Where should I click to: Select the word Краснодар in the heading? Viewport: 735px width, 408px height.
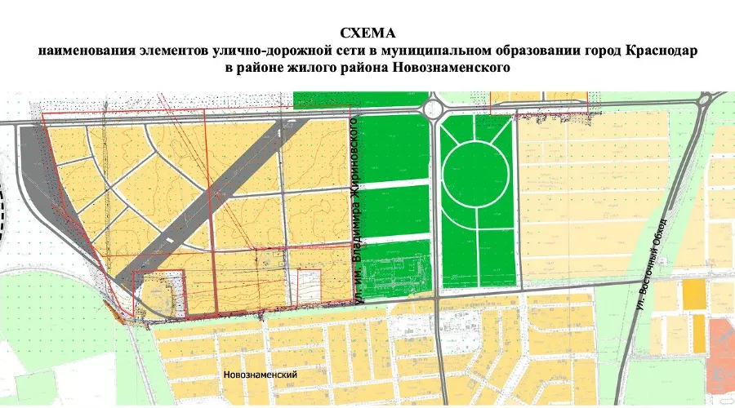click(657, 51)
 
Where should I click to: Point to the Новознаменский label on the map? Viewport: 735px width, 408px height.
click(259, 375)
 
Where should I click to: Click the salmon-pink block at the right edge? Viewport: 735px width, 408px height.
click(722, 338)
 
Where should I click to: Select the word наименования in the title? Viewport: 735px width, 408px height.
click(80, 51)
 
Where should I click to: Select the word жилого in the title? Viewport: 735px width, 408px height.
click(300, 69)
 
